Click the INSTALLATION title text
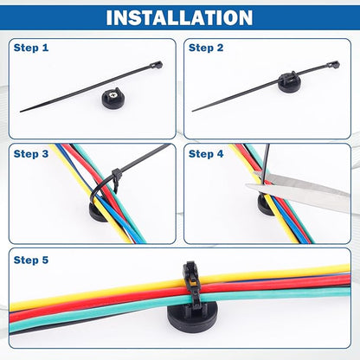pos(179,17)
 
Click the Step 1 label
pos(31,48)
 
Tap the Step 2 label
pos(206,48)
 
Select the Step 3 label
pos(31,154)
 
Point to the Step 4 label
pos(206,154)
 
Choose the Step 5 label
pos(31,260)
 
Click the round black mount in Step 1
pos(112,100)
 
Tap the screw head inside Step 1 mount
pos(112,94)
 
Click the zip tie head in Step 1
pos(157,65)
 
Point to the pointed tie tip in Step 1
pos(21,111)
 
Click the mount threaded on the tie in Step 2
pos(289,81)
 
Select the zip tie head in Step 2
pos(333,65)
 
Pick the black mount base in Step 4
pos(265,205)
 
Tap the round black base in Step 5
pos(192,318)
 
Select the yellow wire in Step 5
pos(179,286)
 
